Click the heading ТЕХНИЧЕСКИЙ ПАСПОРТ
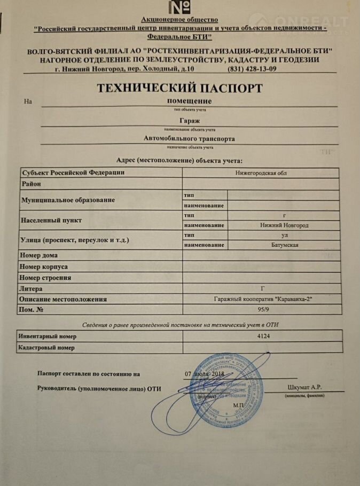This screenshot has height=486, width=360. (179, 87)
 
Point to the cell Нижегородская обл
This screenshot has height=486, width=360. (261, 173)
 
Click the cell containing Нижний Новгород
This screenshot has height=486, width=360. (284, 225)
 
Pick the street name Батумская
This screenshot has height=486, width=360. (284, 245)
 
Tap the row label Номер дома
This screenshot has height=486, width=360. (39, 255)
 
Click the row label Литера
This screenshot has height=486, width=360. (31, 288)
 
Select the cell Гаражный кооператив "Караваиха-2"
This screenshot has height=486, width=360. (261, 299)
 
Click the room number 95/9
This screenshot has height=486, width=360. (261, 309)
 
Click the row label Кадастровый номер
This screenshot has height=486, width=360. (46, 348)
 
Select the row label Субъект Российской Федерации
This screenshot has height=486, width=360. (73, 173)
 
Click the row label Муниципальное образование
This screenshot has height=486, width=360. (67, 200)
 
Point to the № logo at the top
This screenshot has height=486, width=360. (180, 7)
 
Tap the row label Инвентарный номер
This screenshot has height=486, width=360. (48, 336)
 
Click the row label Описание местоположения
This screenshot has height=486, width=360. (64, 299)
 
